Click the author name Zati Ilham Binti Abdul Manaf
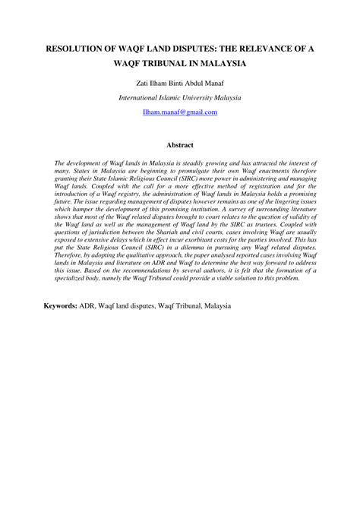(179, 83)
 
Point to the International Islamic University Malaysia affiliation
(180, 98)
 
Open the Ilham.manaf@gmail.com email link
(180, 112)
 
